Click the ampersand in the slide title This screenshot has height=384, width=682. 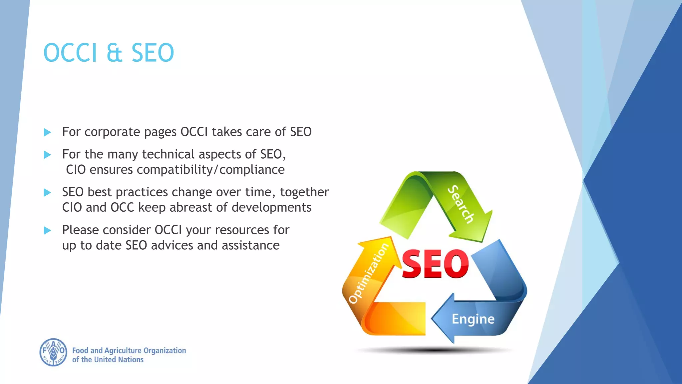[115, 53]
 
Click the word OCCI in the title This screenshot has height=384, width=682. [70, 53]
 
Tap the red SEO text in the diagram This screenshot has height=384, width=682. [435, 264]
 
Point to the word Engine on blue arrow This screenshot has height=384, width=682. [473, 319]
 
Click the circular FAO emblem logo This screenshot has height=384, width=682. [53, 352]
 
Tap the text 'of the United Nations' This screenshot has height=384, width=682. [108, 360]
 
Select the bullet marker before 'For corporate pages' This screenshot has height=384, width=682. [47, 132]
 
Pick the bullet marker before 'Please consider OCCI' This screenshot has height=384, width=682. [47, 230]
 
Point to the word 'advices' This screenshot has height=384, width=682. [172, 245]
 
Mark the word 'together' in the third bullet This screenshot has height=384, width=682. [304, 192]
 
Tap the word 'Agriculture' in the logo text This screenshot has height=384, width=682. [123, 351]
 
